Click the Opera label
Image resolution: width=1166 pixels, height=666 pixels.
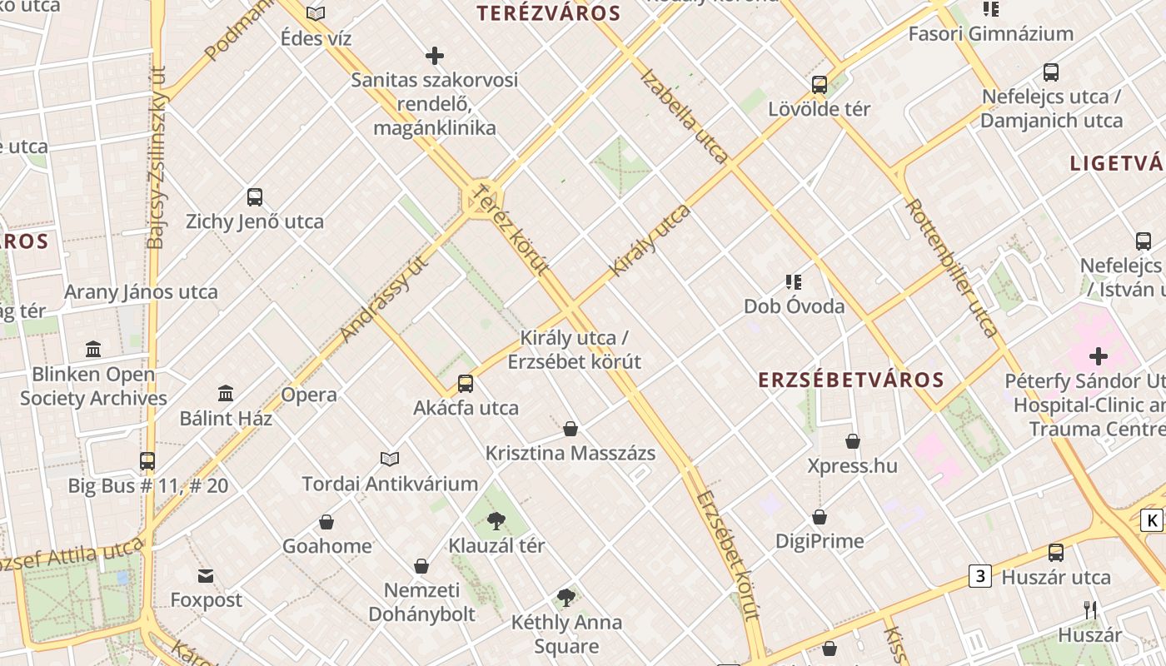(309, 395)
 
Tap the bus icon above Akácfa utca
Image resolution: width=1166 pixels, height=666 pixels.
(466, 384)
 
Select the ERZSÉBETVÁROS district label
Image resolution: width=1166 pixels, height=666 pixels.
(851, 380)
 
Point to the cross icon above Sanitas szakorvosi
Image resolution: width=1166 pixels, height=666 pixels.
(434, 56)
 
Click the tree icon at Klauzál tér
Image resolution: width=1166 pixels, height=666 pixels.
(496, 522)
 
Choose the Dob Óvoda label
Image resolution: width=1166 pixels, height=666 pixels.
(794, 306)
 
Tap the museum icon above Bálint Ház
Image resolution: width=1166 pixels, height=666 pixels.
(226, 393)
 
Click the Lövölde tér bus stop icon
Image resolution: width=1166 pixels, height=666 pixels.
(820, 84)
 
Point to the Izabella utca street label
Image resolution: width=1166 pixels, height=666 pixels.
(685, 114)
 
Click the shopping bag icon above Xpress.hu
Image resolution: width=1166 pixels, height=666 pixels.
(853, 440)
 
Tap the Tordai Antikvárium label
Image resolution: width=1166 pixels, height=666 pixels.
(390, 484)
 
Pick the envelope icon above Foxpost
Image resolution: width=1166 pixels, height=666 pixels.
(206, 575)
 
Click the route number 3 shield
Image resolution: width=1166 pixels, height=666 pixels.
(980, 575)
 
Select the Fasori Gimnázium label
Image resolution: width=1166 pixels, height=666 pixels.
(990, 34)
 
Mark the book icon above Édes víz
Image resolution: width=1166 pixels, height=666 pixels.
(316, 13)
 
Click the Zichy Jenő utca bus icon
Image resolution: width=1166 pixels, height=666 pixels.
(255, 197)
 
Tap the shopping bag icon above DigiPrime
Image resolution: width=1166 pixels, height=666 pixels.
(820, 517)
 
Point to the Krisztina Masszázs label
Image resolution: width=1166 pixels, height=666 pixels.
(571, 454)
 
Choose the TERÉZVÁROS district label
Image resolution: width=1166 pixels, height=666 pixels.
(548, 13)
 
